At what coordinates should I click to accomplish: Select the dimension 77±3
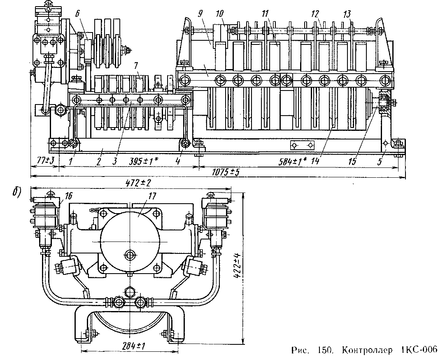(43, 161)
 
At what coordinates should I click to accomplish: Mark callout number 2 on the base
(99, 161)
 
